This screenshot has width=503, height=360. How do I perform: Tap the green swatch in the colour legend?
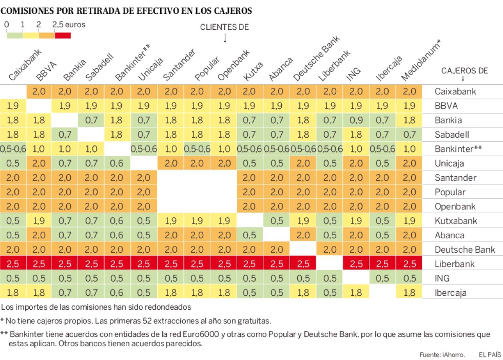[x=15, y=35]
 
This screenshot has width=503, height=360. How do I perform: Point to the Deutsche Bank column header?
[x=316, y=59]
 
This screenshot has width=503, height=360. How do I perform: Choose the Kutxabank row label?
[x=456, y=221]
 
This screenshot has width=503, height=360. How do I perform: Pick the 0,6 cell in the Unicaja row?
[x=118, y=164]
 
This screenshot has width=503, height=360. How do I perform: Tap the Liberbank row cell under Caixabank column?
[x=13, y=264]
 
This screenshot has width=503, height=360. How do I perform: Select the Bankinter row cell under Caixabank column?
[x=13, y=149]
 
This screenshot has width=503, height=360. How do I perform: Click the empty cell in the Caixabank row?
[x=13, y=91]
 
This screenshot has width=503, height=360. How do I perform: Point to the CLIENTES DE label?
[x=224, y=27]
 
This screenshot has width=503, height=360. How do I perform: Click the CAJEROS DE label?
[x=464, y=70]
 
